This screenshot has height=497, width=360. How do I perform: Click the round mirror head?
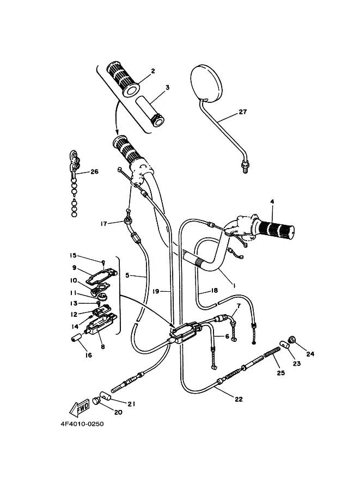pyautogui.click(x=205, y=83)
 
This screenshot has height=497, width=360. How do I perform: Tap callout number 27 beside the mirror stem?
pyautogui.click(x=243, y=112)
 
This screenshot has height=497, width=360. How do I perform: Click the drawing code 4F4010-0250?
pyautogui.click(x=82, y=424)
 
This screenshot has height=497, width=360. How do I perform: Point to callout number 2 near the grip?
pyautogui.click(x=153, y=71)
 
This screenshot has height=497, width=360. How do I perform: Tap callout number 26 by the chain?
pyautogui.click(x=95, y=171)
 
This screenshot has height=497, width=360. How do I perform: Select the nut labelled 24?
pyautogui.click(x=292, y=340)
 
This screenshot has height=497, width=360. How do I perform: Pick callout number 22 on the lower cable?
pyautogui.click(x=239, y=399)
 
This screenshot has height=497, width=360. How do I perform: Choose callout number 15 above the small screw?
pyautogui.click(x=74, y=255)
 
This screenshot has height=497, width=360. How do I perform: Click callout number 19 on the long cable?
pyautogui.click(x=156, y=291)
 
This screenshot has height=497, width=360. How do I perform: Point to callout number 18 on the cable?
pyautogui.click(x=215, y=290)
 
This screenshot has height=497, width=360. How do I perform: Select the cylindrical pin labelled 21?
pyautogui.click(x=106, y=396)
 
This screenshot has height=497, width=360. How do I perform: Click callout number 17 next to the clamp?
pyautogui.click(x=103, y=224)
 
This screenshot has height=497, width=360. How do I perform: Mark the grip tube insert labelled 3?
pyautogui.click(x=150, y=111)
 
